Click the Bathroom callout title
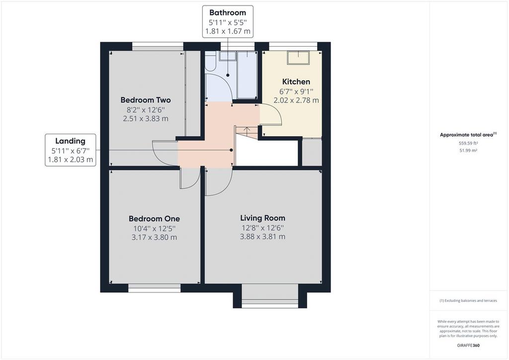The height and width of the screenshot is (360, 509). [x=228, y=12]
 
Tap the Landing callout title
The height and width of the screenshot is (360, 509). [x=70, y=141]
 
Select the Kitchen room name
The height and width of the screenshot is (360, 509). [x=296, y=82]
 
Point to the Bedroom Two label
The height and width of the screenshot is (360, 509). [x=146, y=100]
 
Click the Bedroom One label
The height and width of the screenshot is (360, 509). [x=154, y=219]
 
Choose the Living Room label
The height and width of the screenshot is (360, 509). [x=262, y=218]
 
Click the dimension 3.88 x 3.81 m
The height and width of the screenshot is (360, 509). [x=262, y=237]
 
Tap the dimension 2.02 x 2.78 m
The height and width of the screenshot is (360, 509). [x=296, y=100]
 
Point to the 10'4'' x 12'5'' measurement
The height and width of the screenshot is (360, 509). [x=154, y=228]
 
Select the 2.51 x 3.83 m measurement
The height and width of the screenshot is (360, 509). [x=146, y=118]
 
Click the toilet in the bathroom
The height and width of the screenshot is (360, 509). [x=210, y=61]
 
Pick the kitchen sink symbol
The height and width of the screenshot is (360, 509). [x=298, y=58]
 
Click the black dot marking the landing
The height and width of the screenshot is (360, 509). [x=231, y=150]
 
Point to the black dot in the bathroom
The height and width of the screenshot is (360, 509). [x=228, y=75]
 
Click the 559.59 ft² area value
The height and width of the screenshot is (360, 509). [x=468, y=143]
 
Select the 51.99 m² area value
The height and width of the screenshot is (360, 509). [x=468, y=151]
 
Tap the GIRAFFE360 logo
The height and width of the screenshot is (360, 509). [x=468, y=346]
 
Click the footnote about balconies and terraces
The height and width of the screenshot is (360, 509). [x=468, y=301]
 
